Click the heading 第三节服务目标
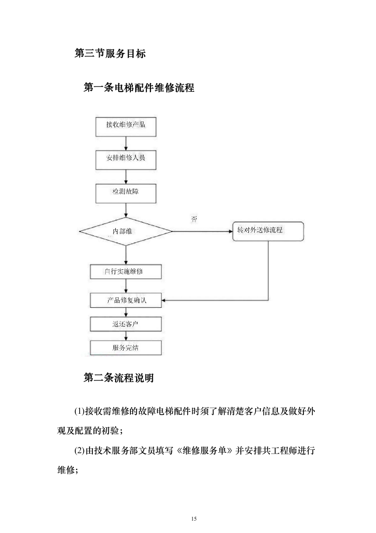(110, 54)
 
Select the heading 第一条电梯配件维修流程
(138, 88)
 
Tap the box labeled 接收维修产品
(126, 125)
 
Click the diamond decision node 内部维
(126, 231)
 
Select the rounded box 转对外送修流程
(268, 231)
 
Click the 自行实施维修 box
(126, 272)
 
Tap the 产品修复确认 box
(126, 300)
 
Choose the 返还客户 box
(126, 324)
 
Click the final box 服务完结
(126, 348)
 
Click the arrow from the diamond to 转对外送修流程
(202, 231)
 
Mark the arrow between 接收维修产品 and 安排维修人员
(126, 142)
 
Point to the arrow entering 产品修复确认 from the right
(213, 300)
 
